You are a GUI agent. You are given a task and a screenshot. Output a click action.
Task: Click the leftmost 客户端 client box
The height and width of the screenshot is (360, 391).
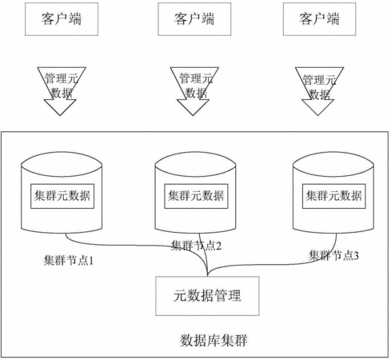62,19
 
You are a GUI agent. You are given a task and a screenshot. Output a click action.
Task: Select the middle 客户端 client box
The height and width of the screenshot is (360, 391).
194,19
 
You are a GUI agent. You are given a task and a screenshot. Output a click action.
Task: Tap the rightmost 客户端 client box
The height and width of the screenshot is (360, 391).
319,19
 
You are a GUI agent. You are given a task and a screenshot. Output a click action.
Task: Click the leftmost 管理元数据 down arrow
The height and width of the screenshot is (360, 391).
61,91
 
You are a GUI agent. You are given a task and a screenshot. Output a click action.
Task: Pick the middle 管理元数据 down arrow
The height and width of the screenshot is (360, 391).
194,91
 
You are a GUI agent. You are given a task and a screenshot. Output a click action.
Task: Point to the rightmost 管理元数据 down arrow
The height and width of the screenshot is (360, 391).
319,91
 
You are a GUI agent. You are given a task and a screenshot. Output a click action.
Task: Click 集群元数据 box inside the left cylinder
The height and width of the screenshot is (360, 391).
62,196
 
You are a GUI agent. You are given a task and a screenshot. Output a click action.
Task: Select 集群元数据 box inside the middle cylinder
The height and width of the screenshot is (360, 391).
196,196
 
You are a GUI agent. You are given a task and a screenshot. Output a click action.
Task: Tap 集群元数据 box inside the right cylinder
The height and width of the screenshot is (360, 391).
333,196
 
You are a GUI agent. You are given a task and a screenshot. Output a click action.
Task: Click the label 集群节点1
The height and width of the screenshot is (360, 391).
69,260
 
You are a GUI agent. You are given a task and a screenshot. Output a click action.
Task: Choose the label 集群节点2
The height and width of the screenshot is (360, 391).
196,246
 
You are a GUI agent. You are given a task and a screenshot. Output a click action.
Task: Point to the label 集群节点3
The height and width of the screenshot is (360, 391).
333,255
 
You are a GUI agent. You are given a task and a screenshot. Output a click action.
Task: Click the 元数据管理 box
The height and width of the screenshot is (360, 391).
207,296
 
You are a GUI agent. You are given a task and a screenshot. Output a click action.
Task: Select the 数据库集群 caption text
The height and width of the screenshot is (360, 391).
213,340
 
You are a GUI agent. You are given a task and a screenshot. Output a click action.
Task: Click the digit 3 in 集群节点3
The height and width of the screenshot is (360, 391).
356,256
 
